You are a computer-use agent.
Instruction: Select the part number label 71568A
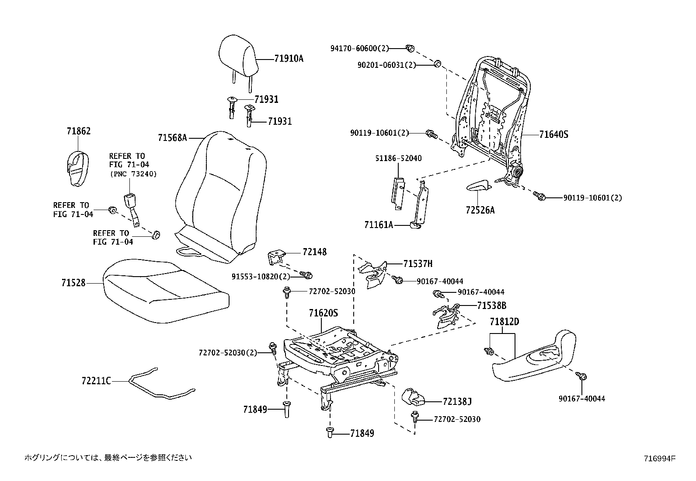tap(172, 138)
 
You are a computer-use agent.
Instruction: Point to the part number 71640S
tap(553, 135)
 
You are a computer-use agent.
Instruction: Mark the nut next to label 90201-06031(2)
tap(436, 64)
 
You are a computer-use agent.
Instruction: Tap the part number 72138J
tap(457, 401)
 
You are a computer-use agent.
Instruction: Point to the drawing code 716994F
tap(659, 459)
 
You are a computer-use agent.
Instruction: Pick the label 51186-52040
tap(398, 158)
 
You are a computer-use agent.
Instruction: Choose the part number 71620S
tap(324, 313)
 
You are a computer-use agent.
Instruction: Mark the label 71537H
tap(418, 263)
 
